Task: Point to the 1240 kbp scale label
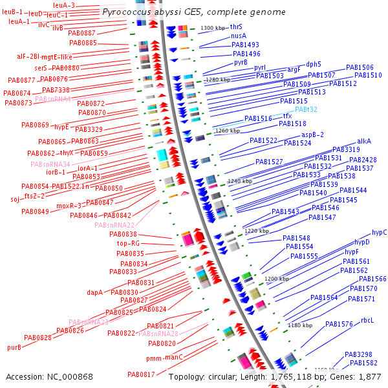coord(241,182)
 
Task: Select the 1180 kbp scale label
coord(299,325)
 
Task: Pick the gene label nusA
coord(238,36)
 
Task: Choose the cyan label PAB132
coord(306,110)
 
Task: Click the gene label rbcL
coord(367,320)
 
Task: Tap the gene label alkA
coord(364,140)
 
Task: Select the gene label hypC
coord(380,232)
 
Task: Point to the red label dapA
coord(95,292)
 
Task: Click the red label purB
coord(14,347)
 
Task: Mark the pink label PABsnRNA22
coord(114,224)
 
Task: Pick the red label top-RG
coord(128,244)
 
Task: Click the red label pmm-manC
coord(164,357)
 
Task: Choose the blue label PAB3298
coord(358,354)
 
